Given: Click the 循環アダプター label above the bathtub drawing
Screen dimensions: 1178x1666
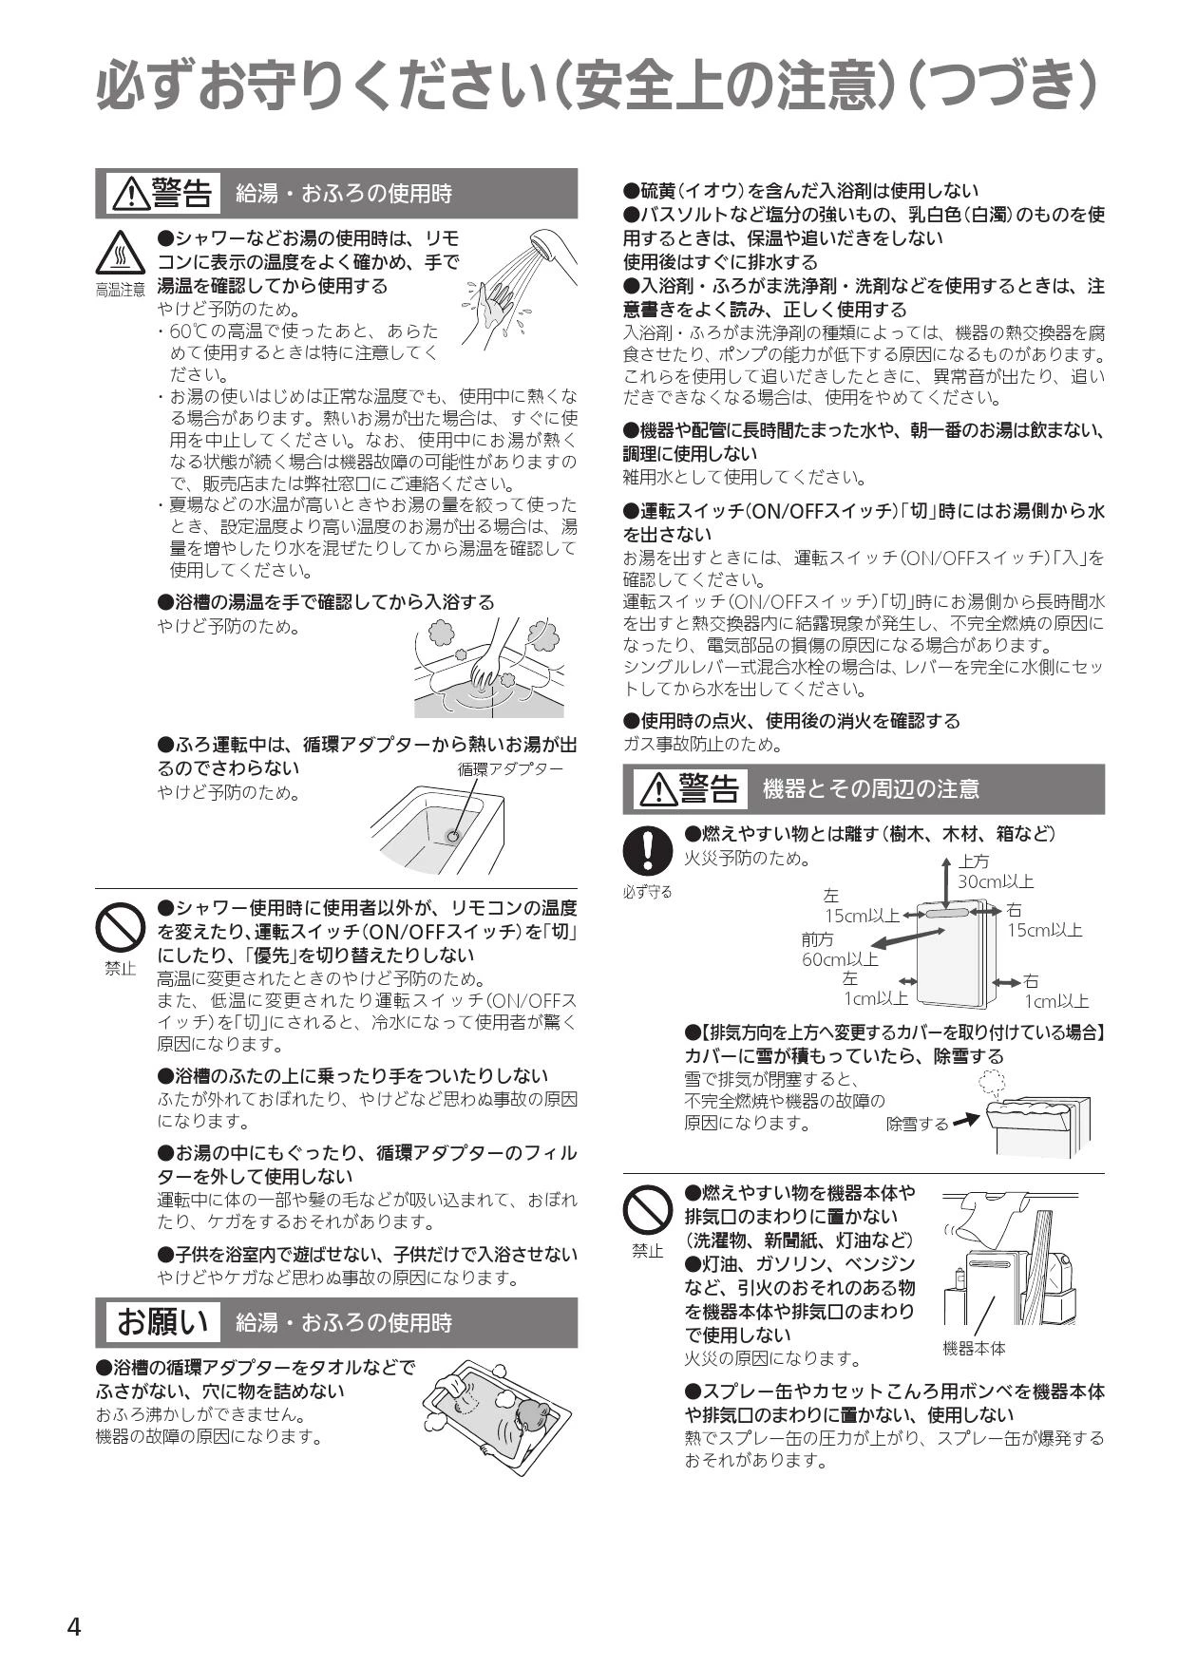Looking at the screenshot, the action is [510, 768].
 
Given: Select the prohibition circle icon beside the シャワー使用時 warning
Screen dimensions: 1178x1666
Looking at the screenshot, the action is [120, 927].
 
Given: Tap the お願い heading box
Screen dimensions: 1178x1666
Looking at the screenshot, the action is [161, 1321].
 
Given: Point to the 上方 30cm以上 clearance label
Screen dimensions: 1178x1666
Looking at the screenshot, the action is [995, 871].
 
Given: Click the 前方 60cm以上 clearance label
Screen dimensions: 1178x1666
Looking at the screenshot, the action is [840, 950].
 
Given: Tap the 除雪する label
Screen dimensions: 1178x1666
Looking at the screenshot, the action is [917, 1124].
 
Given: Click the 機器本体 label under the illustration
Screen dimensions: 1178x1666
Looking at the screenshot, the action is [974, 1348].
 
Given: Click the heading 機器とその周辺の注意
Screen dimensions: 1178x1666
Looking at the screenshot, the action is [871, 788].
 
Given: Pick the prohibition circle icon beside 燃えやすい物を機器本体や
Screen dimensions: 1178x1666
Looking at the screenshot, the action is [647, 1211].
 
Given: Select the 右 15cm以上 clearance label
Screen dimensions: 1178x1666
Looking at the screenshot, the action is [1045, 919].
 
